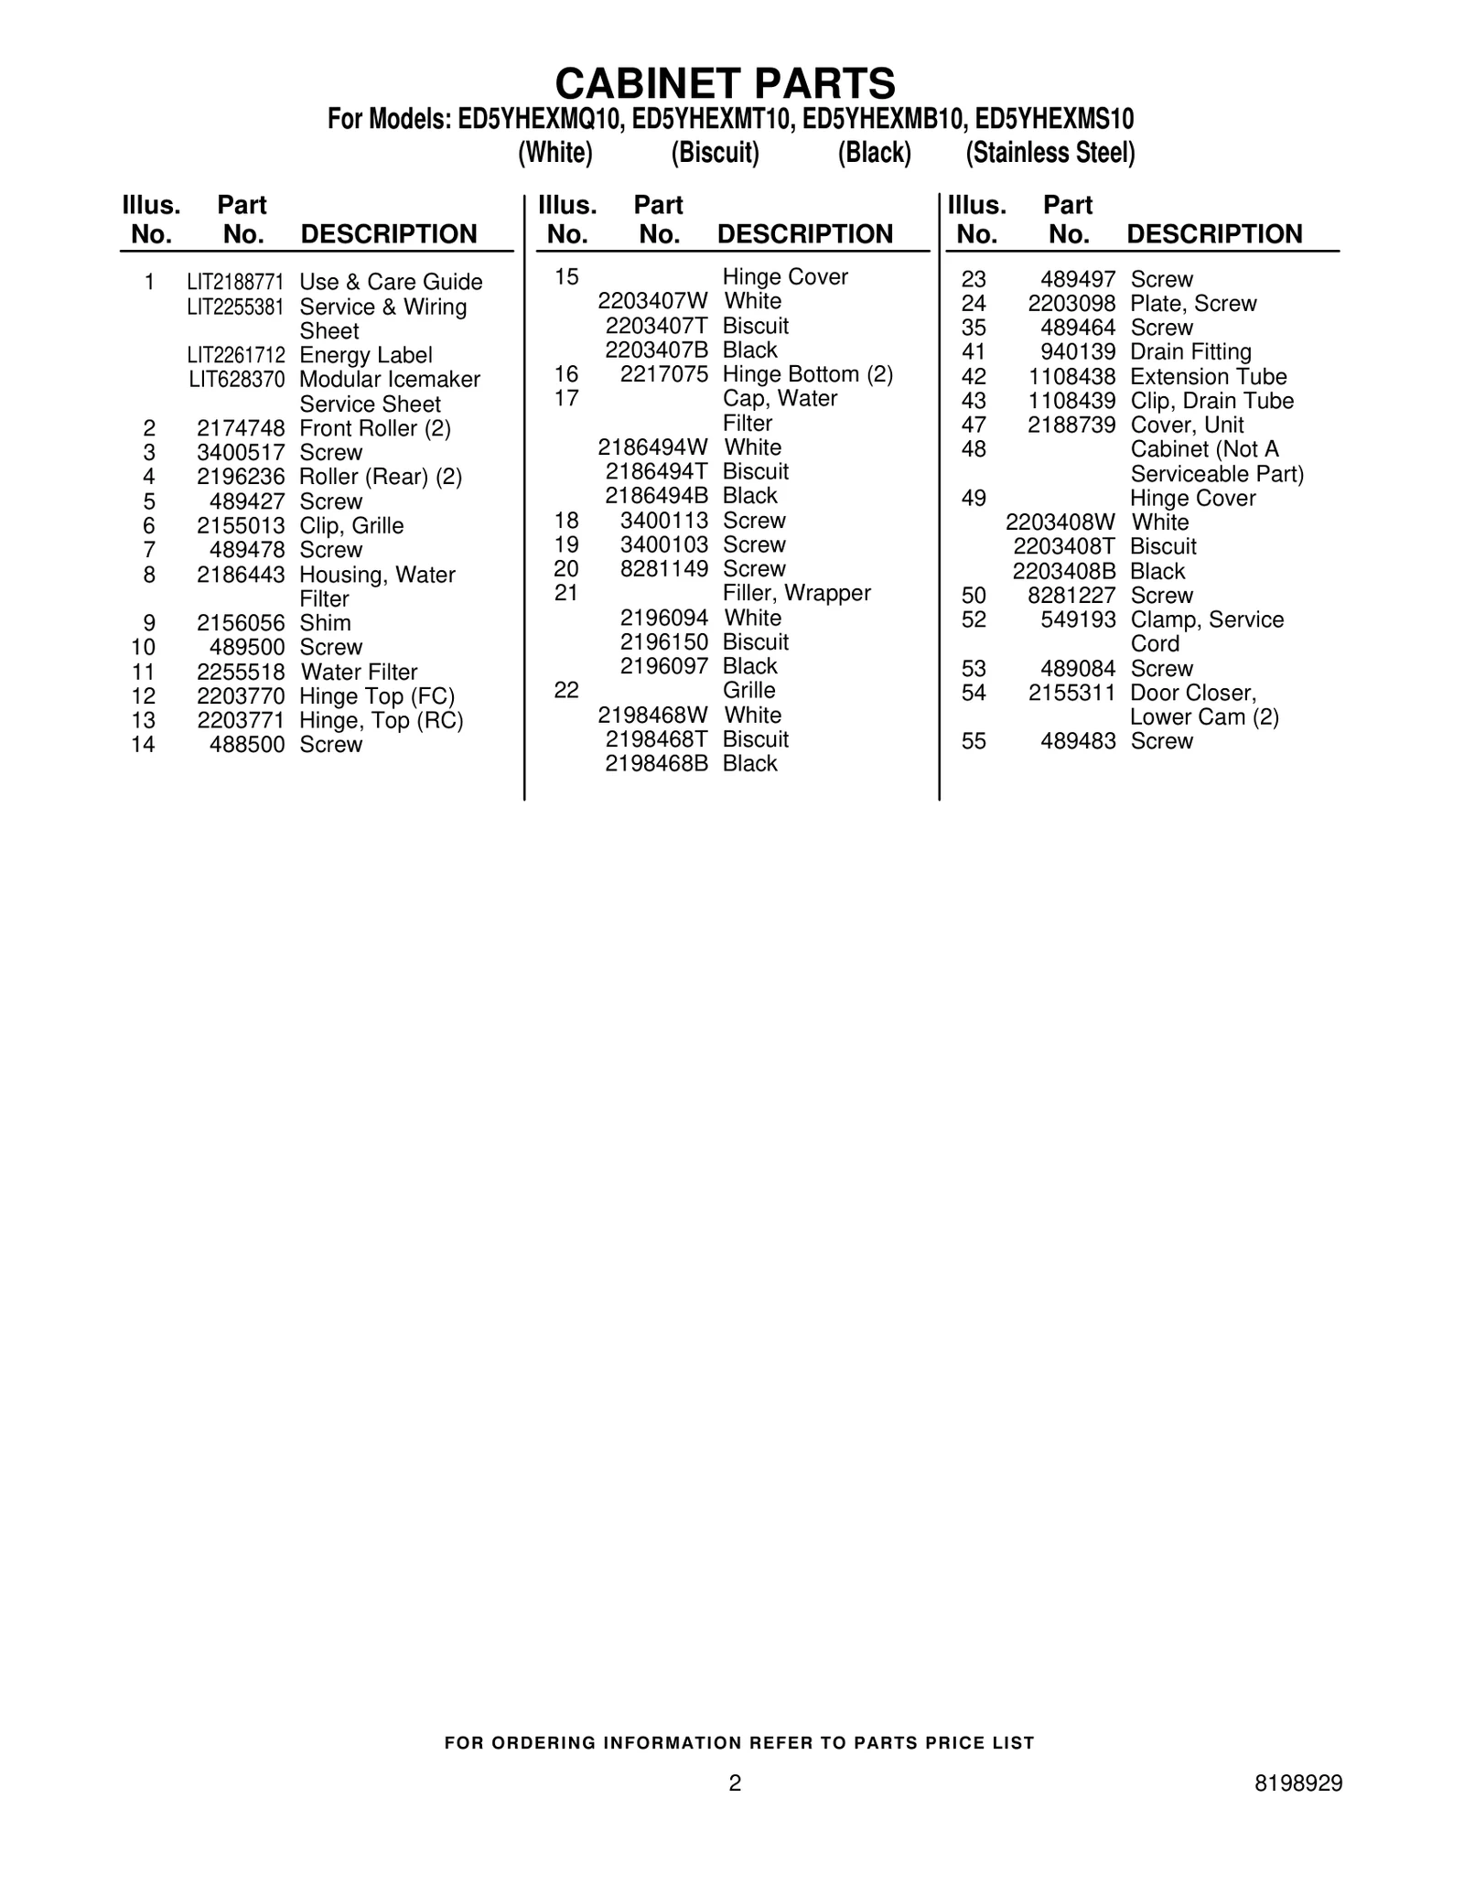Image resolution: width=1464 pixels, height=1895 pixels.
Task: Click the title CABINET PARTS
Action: tap(725, 84)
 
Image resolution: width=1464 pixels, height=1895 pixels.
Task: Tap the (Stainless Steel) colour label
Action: tap(1050, 153)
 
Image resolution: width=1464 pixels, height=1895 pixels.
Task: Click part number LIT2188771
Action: tap(235, 282)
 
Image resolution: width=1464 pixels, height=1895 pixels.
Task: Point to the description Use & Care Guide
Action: tap(391, 282)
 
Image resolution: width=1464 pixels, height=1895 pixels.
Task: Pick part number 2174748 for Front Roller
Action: tap(241, 428)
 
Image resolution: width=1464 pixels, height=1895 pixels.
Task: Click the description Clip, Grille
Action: tap(351, 525)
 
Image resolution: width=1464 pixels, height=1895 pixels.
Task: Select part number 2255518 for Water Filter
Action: tap(241, 672)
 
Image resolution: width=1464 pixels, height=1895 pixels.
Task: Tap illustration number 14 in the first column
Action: tap(144, 745)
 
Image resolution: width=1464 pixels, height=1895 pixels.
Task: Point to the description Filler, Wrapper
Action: tap(796, 593)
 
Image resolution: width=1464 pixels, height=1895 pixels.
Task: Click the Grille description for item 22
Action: tap(748, 690)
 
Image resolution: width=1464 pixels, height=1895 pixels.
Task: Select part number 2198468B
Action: tap(656, 763)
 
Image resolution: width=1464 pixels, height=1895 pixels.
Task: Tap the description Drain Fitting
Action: tap(1190, 352)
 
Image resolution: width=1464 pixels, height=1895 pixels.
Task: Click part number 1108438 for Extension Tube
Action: tap(1071, 377)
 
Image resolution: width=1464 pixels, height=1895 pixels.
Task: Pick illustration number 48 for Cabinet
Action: tap(974, 449)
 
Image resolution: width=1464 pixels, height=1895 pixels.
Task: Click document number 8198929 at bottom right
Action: tap(1298, 1782)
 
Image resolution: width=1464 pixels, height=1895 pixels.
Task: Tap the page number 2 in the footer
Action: tap(735, 1782)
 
